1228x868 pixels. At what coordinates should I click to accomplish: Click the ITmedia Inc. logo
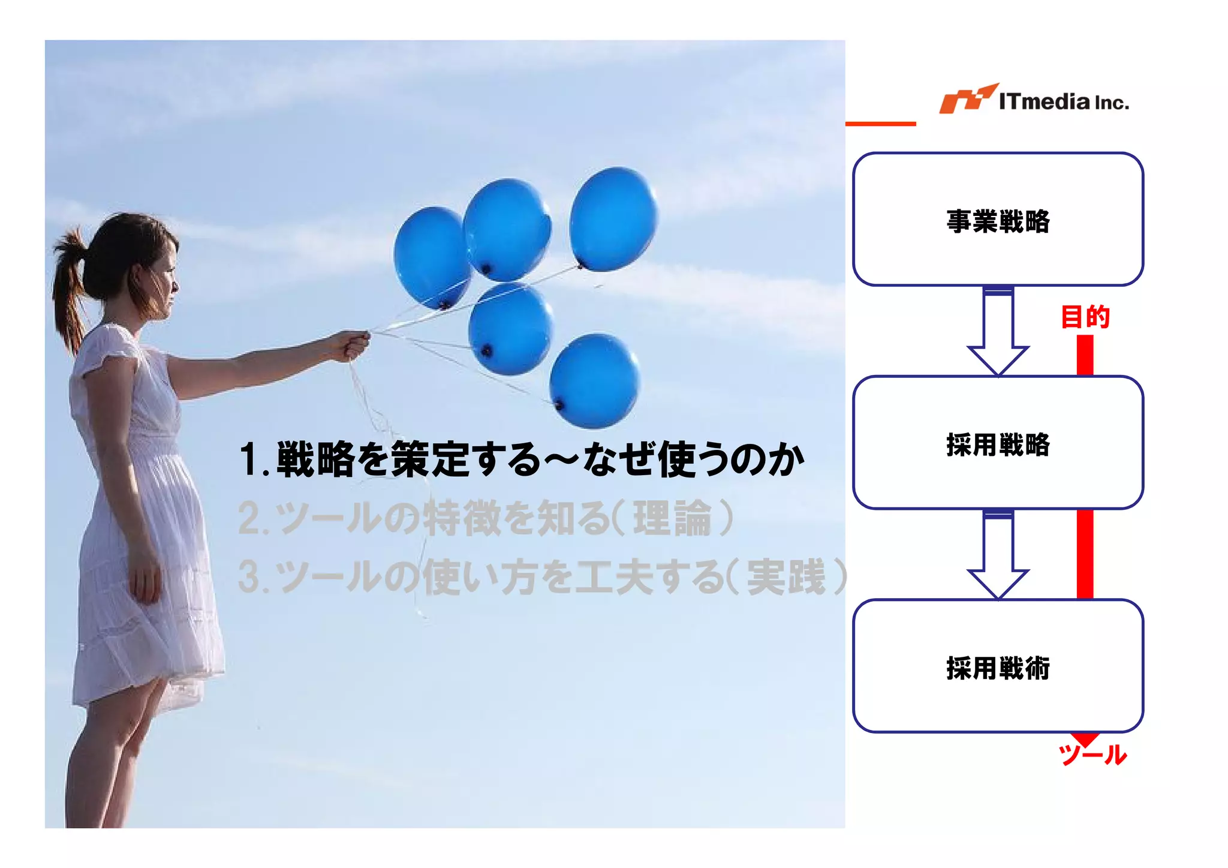1034,100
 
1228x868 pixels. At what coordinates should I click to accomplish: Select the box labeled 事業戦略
998,220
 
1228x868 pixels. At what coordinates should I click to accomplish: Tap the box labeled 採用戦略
998,443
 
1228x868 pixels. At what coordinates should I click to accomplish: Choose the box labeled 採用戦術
998,666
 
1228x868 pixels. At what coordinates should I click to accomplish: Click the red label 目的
1085,317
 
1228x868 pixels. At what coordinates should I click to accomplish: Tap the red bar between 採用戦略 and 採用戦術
1085,554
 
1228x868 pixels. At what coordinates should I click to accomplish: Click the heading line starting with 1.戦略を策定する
522,459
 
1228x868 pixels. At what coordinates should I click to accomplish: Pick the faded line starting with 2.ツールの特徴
486,518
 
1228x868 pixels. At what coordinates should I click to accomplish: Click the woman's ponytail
69,288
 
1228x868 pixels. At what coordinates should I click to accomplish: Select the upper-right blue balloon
613,219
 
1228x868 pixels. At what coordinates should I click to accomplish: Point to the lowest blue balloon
594,381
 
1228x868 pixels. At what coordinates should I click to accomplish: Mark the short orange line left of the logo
880,124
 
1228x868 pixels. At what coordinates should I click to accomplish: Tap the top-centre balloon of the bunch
507,229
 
